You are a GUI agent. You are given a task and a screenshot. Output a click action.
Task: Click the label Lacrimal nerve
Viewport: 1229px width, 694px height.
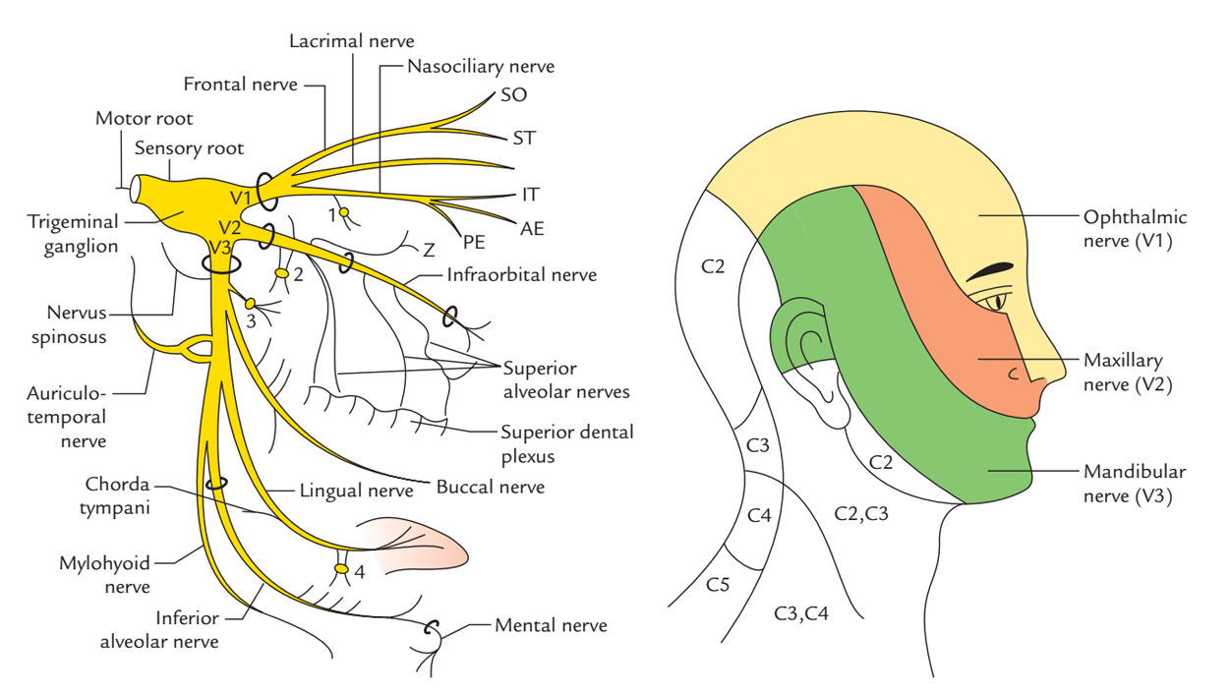click(x=351, y=41)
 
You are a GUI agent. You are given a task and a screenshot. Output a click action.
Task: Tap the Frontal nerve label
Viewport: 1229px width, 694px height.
click(x=240, y=85)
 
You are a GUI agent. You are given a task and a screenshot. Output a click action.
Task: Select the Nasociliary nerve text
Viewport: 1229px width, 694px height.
click(x=481, y=67)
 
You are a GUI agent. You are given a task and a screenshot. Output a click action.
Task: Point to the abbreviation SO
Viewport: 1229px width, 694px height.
click(x=513, y=95)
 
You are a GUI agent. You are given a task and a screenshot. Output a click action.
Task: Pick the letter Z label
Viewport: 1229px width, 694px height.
click(x=429, y=250)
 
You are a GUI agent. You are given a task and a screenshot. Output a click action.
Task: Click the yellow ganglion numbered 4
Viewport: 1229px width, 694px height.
click(x=341, y=569)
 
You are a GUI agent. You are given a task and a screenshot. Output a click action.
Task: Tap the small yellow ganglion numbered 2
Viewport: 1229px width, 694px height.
click(x=281, y=273)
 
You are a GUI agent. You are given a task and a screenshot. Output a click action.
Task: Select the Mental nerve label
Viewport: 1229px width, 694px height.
click(x=551, y=625)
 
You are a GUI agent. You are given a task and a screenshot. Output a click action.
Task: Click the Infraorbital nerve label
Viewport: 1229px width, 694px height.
click(x=521, y=275)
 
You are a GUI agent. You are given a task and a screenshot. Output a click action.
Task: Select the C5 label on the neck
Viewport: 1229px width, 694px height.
click(x=718, y=584)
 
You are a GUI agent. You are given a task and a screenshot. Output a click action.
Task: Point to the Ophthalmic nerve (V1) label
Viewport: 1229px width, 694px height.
click(x=1135, y=227)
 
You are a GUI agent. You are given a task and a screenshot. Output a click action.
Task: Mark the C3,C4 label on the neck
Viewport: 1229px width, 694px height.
click(x=801, y=614)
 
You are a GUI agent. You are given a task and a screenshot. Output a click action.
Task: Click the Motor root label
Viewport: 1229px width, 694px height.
click(x=144, y=118)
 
